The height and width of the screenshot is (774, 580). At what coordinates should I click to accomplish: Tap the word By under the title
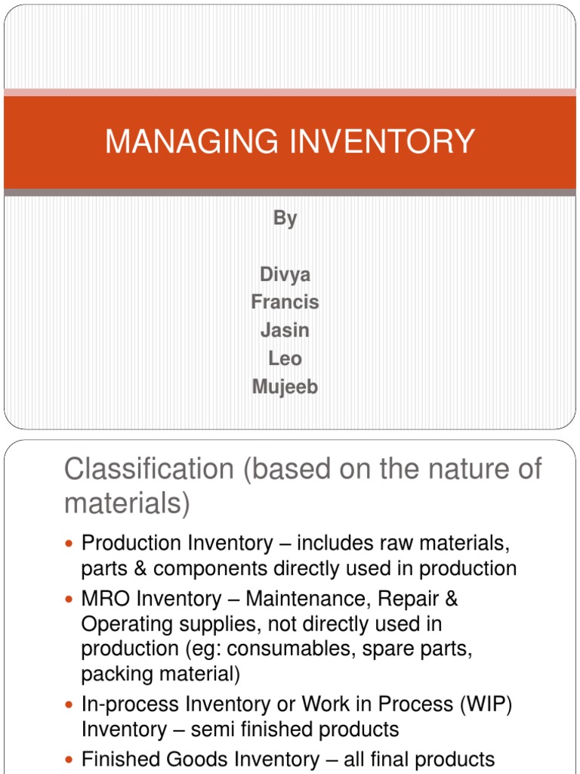(x=285, y=218)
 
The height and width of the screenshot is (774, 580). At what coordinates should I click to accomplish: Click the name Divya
(x=285, y=274)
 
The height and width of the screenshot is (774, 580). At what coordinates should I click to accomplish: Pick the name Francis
(x=285, y=302)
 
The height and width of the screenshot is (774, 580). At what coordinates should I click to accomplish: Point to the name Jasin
(x=285, y=330)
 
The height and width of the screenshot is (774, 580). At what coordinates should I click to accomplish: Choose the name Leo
(x=285, y=358)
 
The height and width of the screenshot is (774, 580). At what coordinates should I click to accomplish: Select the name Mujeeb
(x=285, y=386)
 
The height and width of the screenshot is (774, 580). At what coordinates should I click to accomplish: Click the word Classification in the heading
(x=149, y=469)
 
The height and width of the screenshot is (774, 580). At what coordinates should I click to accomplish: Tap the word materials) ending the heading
(x=128, y=503)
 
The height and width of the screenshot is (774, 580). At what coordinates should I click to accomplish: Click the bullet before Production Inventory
(x=71, y=543)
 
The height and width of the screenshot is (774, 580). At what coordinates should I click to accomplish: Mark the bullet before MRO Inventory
(x=71, y=600)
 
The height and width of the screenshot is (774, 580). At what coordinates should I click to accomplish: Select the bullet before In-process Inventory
(x=71, y=704)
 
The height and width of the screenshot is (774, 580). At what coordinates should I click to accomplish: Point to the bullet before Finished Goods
(x=71, y=760)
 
